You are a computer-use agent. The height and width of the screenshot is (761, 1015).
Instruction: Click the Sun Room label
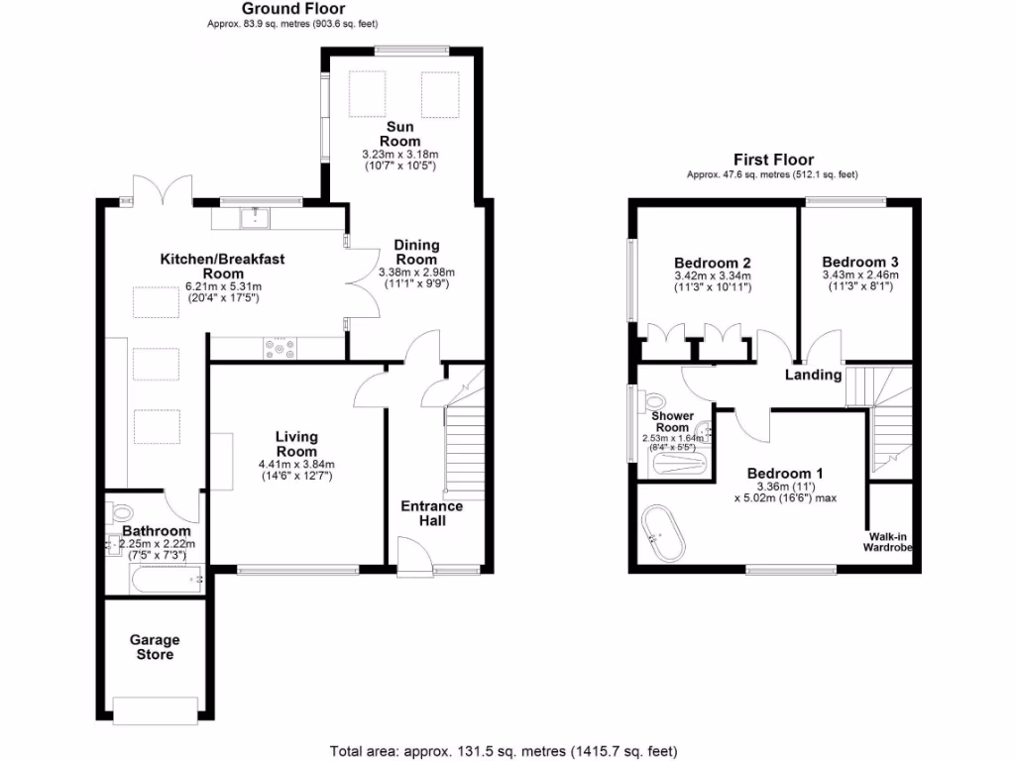point(402,135)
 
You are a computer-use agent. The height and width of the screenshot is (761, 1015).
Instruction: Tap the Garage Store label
point(155,647)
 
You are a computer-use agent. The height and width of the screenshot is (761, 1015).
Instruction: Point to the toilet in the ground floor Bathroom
point(122,512)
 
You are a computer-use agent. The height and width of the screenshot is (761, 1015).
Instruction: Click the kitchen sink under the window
point(256,213)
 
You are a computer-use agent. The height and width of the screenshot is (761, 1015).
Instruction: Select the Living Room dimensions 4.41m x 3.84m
point(296,470)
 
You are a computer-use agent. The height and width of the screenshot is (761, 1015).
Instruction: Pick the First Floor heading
point(773,160)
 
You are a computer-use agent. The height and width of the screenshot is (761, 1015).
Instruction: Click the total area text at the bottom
point(504,750)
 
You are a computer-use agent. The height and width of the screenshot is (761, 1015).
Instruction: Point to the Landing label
point(813,375)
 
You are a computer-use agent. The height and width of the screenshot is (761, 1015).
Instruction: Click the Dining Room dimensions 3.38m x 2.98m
point(416,277)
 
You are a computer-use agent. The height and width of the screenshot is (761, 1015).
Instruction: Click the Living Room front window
point(297,570)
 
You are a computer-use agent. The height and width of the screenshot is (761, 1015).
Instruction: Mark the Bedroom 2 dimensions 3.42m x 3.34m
point(712,281)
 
